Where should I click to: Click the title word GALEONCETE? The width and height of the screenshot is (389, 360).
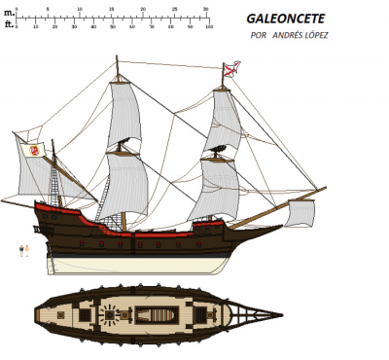[x=284, y=18]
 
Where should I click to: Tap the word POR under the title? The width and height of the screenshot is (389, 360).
[x=258, y=36]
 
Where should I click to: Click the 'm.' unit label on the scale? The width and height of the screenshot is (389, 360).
[x=8, y=11]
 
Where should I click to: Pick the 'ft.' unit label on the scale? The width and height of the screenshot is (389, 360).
[x=8, y=25]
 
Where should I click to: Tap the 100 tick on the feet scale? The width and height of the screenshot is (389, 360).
[x=207, y=26]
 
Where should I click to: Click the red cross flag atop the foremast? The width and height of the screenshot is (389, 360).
[x=233, y=68]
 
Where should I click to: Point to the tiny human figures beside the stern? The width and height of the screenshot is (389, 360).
[x=24, y=250]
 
